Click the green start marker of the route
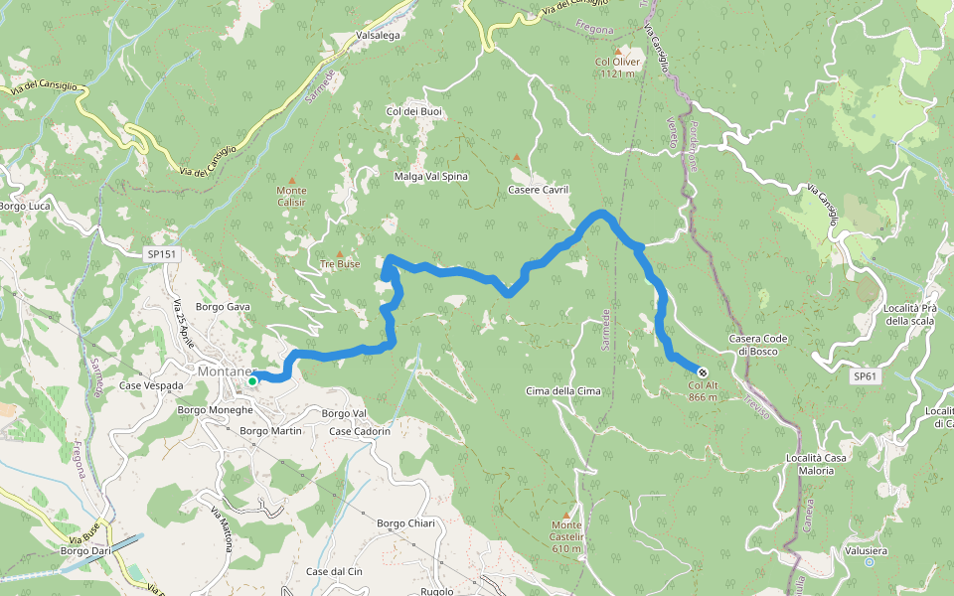coord(252,380)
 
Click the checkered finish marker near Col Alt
coord(703,372)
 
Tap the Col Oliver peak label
coord(617,67)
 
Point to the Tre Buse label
coord(340,264)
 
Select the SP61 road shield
coord(866,376)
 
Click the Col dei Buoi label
coord(413,111)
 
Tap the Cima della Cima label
coord(563,390)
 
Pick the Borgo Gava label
coord(223,307)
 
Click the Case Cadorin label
coord(360,431)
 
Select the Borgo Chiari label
coord(405,523)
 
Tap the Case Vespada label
coord(151,385)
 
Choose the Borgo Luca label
coord(24,207)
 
